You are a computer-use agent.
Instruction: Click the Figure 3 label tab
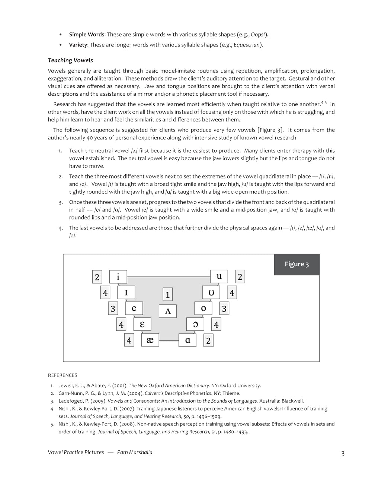[x=296, y=264]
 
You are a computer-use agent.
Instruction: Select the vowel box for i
[x=118, y=277]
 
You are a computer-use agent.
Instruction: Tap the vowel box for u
[x=219, y=276]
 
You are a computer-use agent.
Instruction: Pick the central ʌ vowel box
[x=167, y=311]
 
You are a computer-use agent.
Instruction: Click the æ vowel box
[x=150, y=340]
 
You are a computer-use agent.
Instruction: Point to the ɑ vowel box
[x=187, y=340]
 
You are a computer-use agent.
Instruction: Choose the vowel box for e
[x=134, y=308]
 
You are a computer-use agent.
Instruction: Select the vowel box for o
[x=203, y=308]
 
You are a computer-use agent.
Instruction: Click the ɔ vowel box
[x=195, y=324]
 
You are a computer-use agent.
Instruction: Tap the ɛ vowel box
[x=142, y=324]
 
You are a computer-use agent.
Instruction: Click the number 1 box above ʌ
[x=167, y=295]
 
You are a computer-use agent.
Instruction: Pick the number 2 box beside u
[x=240, y=277]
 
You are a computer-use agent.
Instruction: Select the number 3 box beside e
[x=113, y=309]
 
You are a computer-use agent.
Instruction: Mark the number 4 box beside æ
[x=129, y=340]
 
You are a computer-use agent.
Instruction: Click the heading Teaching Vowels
[x=70, y=60]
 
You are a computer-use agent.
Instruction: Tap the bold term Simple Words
[x=87, y=35]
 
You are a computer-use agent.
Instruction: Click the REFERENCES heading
[x=62, y=375]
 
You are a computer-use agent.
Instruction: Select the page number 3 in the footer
[x=343, y=453]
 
